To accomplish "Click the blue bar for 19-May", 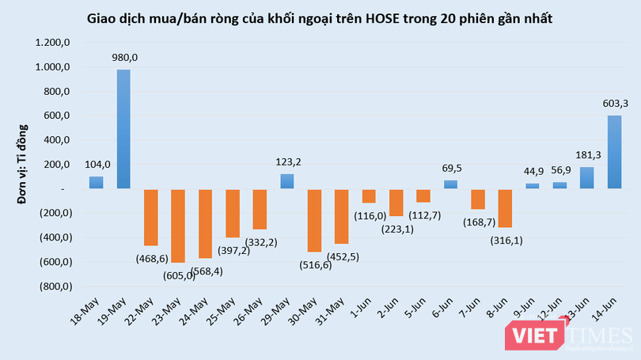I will tap(124, 129).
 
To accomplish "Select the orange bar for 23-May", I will tap(179, 225).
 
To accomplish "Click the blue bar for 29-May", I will tap(288, 181).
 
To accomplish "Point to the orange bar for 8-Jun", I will tap(506, 208).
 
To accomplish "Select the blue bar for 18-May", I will tap(97, 183).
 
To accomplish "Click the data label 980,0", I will tap(124, 58).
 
